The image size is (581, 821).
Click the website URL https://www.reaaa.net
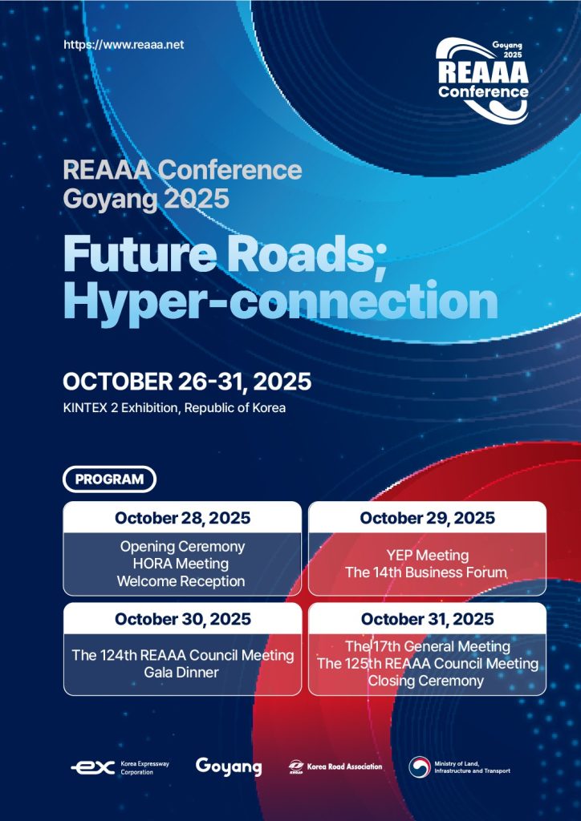(x=124, y=45)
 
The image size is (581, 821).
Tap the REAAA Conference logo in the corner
(x=482, y=80)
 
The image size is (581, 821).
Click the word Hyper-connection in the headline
(x=280, y=301)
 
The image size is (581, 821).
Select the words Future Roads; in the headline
(x=225, y=253)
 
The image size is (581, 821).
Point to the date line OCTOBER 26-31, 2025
(x=187, y=382)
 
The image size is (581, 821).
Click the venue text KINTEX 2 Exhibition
(x=122, y=408)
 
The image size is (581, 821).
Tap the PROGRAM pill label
(x=109, y=479)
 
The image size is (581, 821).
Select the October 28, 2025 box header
(x=182, y=518)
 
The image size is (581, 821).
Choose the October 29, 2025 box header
(x=427, y=518)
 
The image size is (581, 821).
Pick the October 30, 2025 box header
(x=182, y=619)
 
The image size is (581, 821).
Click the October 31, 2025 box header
(x=427, y=619)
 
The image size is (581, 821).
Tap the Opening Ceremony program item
(x=182, y=547)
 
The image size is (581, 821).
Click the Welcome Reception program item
(x=181, y=581)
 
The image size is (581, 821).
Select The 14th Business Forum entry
(x=426, y=572)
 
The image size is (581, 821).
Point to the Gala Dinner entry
(x=181, y=673)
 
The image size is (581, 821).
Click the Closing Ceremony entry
(x=425, y=681)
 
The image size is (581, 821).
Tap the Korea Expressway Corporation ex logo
(x=93, y=768)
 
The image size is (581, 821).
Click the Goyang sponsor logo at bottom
(x=229, y=767)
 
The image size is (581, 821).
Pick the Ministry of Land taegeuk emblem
(x=420, y=767)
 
